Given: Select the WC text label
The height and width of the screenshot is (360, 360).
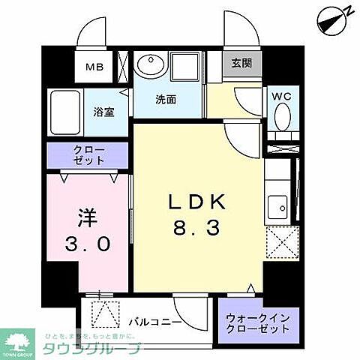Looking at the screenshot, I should tap(282, 96).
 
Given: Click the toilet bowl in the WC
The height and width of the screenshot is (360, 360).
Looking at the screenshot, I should tap(283, 116).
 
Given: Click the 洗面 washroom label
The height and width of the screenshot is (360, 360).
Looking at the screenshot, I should tap(166, 99).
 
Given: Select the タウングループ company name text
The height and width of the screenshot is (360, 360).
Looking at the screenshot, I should tap(91, 349).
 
